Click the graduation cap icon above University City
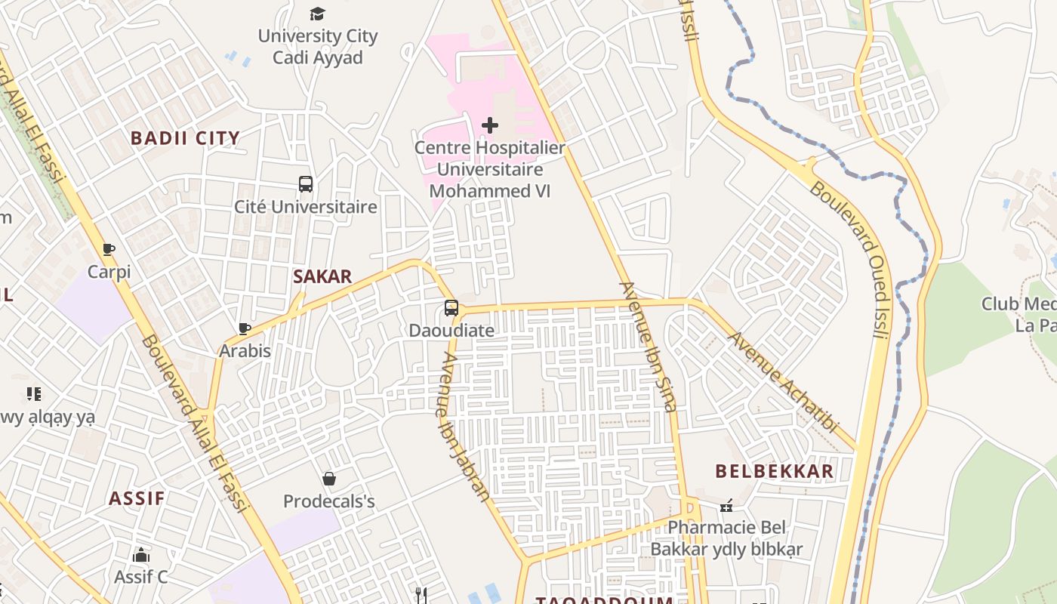[x=317, y=14]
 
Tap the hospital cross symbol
[x=490, y=125]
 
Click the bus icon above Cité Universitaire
[x=306, y=183]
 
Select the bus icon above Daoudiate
[x=451, y=308]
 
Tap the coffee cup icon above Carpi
[x=109, y=249]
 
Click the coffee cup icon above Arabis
[x=245, y=328]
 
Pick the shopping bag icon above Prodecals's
[x=329, y=479]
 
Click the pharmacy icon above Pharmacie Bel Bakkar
[x=726, y=505]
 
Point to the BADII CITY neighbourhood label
[x=185, y=138]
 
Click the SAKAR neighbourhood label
[x=322, y=276]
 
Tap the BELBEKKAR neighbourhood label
[x=775, y=471]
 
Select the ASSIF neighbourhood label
[x=137, y=498]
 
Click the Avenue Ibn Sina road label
[x=647, y=347]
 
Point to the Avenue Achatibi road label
[x=784, y=382]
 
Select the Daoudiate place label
[x=451, y=331]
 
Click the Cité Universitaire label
[x=306, y=206]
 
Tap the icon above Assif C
[x=141, y=556]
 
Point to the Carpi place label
[x=109, y=272]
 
